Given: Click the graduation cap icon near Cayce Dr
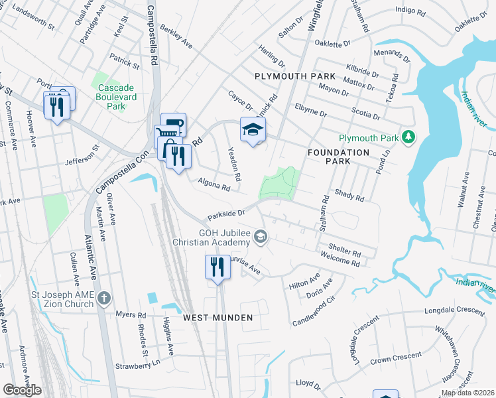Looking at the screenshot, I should tap(253, 130).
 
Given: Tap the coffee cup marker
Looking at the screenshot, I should tap(174, 124).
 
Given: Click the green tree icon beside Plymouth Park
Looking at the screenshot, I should tap(409, 137).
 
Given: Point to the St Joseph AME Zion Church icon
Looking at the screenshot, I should tap(103, 298).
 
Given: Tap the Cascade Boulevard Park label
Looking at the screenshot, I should tap(116, 97).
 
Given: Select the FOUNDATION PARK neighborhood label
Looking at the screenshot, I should tap(338, 157).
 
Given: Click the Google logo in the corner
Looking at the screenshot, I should tap(22, 389).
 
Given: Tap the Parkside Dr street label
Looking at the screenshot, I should tap(226, 214).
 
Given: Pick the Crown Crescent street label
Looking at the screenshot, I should tap(395, 358).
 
